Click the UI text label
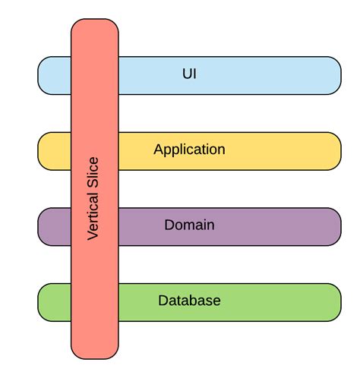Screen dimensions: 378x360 190,74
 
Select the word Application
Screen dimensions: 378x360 189,150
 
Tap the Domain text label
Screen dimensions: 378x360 189,225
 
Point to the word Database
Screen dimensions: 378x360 189,301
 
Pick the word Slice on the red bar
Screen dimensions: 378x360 93,172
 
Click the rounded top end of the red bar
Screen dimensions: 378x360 95,27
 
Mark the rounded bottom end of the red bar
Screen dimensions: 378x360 95,351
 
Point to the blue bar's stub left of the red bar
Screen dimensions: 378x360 54,75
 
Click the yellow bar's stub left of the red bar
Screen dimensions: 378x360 54,151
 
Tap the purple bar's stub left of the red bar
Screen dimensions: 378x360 54,227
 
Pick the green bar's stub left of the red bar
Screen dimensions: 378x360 54,302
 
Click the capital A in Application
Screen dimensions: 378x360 158,149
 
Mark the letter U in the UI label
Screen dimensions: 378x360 187,74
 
